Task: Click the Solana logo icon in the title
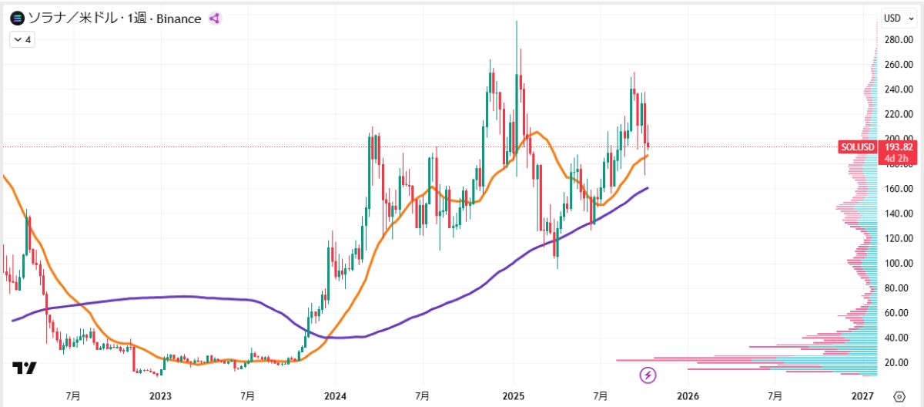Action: point(17,18)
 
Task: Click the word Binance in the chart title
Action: point(179,18)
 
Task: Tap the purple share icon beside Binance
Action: point(215,18)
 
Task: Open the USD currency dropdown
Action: point(896,18)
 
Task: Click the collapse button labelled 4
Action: point(22,39)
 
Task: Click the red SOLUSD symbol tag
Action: point(858,146)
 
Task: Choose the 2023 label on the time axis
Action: point(160,395)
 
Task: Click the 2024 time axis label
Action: point(335,395)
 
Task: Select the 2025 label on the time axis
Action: point(513,395)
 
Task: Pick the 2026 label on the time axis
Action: point(688,395)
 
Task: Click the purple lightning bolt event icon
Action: point(648,375)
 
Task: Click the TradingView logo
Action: point(24,368)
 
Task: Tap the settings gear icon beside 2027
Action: point(899,395)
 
